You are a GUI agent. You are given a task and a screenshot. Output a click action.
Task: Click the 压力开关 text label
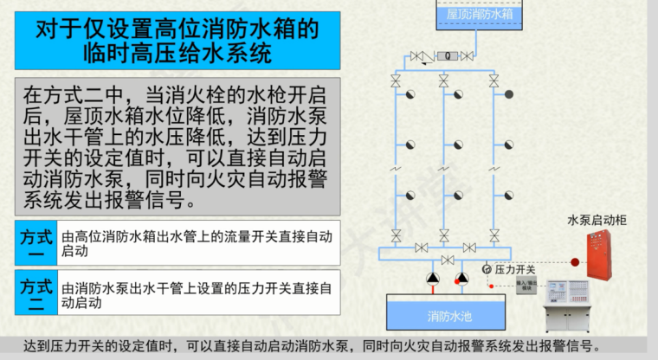tap(516, 269)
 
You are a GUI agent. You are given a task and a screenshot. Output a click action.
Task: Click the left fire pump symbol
tap(433, 279)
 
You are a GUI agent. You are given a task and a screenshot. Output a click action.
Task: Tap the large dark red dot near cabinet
tap(574, 262)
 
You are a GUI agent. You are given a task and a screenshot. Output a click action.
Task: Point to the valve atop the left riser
tap(396, 80)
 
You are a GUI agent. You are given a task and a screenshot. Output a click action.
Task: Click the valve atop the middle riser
tap(444, 80)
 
